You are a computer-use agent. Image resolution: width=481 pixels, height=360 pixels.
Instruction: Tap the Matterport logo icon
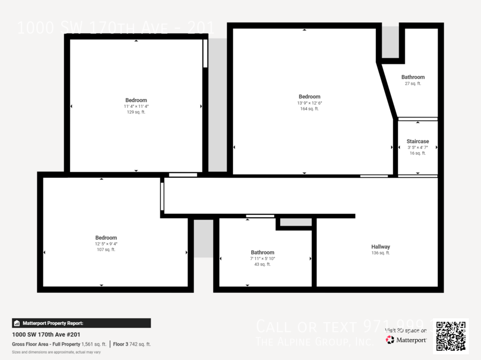point(390,340)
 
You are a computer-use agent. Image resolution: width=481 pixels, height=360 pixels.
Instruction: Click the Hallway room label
point(381,247)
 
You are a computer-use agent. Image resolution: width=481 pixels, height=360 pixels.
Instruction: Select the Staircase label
point(417,142)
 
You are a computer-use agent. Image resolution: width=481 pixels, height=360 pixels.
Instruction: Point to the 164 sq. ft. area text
point(309,109)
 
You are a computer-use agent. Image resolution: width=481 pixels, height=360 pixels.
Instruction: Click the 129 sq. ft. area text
point(136,112)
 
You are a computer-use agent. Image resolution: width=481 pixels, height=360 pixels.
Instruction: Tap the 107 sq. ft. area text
point(106,250)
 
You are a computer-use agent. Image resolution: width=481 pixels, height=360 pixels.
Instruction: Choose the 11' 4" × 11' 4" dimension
point(136,106)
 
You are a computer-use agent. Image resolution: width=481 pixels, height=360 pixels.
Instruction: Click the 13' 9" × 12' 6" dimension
point(309,103)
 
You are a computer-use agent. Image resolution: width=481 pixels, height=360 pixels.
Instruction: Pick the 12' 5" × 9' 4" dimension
point(106,244)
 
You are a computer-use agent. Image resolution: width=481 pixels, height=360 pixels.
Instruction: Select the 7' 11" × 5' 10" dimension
point(262,259)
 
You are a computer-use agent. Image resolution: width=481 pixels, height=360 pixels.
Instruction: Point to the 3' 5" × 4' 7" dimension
point(417,147)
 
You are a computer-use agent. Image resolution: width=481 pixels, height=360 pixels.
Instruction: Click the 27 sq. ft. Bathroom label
point(413,77)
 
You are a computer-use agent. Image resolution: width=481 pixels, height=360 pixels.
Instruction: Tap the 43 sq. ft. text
point(262,264)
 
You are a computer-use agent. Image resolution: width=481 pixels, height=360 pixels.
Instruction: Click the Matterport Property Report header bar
point(81,323)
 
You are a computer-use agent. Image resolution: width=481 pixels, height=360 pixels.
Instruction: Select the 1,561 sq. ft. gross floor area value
point(94,345)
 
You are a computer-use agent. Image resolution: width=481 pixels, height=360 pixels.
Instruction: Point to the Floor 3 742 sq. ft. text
point(132,345)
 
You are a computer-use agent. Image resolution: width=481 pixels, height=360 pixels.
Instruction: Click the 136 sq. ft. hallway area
point(381,253)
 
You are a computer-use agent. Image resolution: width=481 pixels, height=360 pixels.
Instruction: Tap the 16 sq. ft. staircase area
point(417,153)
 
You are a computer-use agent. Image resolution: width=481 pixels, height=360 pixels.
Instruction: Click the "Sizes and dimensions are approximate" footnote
point(56,353)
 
